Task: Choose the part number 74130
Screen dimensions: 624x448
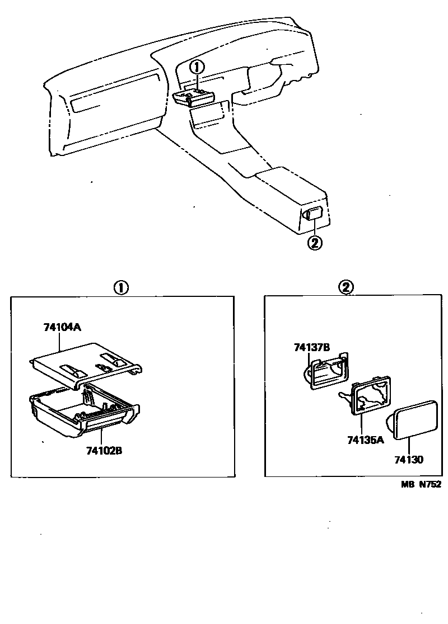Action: click(408, 460)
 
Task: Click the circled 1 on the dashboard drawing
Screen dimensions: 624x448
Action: click(196, 67)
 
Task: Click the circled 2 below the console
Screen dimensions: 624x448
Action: click(315, 243)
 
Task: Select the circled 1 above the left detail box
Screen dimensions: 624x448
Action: click(121, 287)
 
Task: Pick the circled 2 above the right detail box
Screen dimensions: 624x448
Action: click(346, 287)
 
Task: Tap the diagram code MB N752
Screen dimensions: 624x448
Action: click(421, 485)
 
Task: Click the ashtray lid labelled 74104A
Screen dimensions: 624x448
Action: click(84, 366)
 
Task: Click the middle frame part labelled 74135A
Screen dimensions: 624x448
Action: click(369, 396)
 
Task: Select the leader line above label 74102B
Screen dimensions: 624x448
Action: click(102, 437)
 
